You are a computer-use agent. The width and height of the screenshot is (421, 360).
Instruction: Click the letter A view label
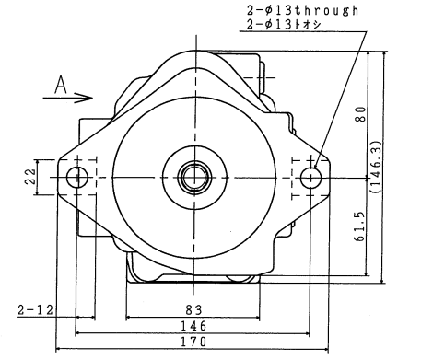click(x=61, y=85)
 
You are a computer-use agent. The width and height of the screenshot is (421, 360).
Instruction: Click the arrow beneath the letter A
click(x=67, y=98)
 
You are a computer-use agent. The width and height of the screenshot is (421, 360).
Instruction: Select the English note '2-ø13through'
click(x=302, y=11)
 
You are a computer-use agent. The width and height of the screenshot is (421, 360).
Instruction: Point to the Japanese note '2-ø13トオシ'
click(x=284, y=25)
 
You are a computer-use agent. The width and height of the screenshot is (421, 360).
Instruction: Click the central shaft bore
click(x=194, y=177)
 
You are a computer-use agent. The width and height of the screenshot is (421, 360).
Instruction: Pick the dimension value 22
click(x=29, y=177)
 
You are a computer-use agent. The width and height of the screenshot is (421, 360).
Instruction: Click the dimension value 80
click(x=360, y=114)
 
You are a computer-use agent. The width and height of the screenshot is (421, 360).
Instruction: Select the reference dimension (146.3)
click(x=377, y=167)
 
